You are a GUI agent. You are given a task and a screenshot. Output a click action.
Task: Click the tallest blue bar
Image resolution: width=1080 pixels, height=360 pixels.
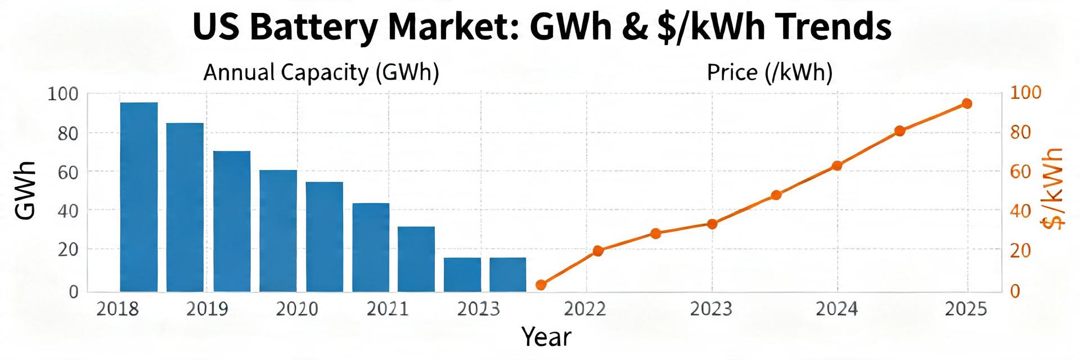pyautogui.click(x=139, y=197)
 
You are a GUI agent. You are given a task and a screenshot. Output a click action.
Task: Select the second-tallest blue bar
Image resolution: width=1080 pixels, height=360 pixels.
pyautogui.click(x=185, y=207)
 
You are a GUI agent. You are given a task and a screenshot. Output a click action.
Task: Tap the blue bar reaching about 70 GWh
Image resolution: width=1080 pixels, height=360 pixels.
pyautogui.click(x=232, y=221)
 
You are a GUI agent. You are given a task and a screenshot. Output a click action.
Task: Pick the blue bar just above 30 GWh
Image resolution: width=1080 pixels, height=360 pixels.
pyautogui.click(x=416, y=259)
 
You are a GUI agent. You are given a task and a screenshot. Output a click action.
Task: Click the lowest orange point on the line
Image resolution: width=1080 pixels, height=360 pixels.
pyautogui.click(x=541, y=285)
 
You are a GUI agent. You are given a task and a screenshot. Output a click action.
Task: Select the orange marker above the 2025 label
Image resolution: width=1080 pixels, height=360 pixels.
pyautogui.click(x=967, y=103)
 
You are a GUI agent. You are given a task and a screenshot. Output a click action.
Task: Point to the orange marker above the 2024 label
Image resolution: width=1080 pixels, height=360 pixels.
pyautogui.click(x=837, y=166)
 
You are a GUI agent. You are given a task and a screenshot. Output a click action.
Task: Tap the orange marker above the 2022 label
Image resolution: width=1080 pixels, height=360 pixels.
pyautogui.click(x=598, y=251)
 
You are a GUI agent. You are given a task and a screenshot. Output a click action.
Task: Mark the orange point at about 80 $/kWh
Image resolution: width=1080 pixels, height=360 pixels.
pyautogui.click(x=899, y=131)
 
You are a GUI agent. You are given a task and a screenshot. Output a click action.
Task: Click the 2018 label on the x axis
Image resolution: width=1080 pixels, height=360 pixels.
pyautogui.click(x=118, y=309)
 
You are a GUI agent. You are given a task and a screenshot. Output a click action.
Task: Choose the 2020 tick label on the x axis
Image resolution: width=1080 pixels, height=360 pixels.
pyautogui.click(x=297, y=309)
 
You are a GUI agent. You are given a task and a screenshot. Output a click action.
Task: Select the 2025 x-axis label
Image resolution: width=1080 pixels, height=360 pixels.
pyautogui.click(x=966, y=309)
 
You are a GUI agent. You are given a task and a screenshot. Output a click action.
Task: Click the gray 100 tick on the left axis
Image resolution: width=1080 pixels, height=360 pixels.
pyautogui.click(x=63, y=93)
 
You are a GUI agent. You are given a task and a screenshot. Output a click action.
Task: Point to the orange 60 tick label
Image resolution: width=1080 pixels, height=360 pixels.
pyautogui.click(x=1020, y=172)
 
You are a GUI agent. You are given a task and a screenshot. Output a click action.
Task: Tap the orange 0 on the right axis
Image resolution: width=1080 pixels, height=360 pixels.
pyautogui.click(x=1015, y=291)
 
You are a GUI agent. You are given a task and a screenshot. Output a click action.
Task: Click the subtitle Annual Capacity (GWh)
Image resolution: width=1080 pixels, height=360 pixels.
pyautogui.click(x=321, y=73)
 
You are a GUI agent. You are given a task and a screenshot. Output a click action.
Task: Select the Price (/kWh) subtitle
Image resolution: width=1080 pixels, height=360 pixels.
pyautogui.click(x=769, y=73)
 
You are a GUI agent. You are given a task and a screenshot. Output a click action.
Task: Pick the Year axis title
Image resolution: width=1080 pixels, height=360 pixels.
pyautogui.click(x=546, y=337)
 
